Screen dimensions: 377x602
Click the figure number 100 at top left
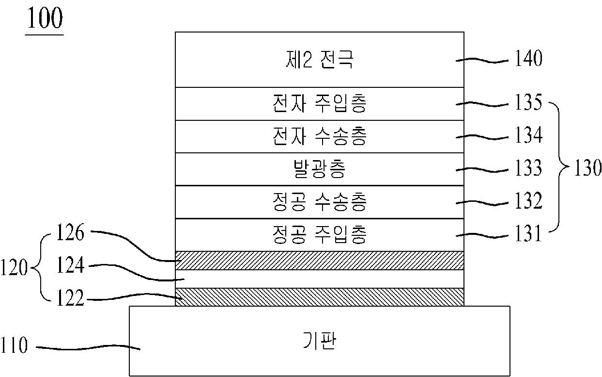[45, 19]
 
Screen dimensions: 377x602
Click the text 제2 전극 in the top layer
[319, 60]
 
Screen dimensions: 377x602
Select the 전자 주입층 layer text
[319, 104]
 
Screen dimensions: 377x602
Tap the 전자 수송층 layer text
[319, 137]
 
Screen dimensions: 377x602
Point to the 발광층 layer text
[319, 169]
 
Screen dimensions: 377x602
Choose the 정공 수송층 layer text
[319, 202]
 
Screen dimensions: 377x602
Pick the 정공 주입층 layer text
[319, 235]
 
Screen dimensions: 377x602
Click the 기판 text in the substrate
[319, 341]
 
